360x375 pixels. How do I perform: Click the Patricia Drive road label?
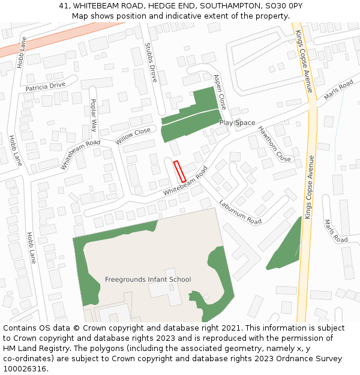pos(46,86)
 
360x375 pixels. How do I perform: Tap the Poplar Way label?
pos(94,115)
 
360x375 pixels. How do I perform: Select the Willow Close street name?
pos(133,136)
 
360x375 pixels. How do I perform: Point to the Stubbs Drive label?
pos(151,62)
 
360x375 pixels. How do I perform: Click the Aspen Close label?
pos(220,92)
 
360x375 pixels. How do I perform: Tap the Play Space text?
pos(237,123)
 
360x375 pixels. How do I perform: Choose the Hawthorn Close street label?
pos(274,144)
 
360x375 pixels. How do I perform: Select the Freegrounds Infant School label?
pos(148,280)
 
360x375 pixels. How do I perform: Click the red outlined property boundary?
pos(179,172)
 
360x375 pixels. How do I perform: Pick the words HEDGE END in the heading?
pos(170,5)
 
